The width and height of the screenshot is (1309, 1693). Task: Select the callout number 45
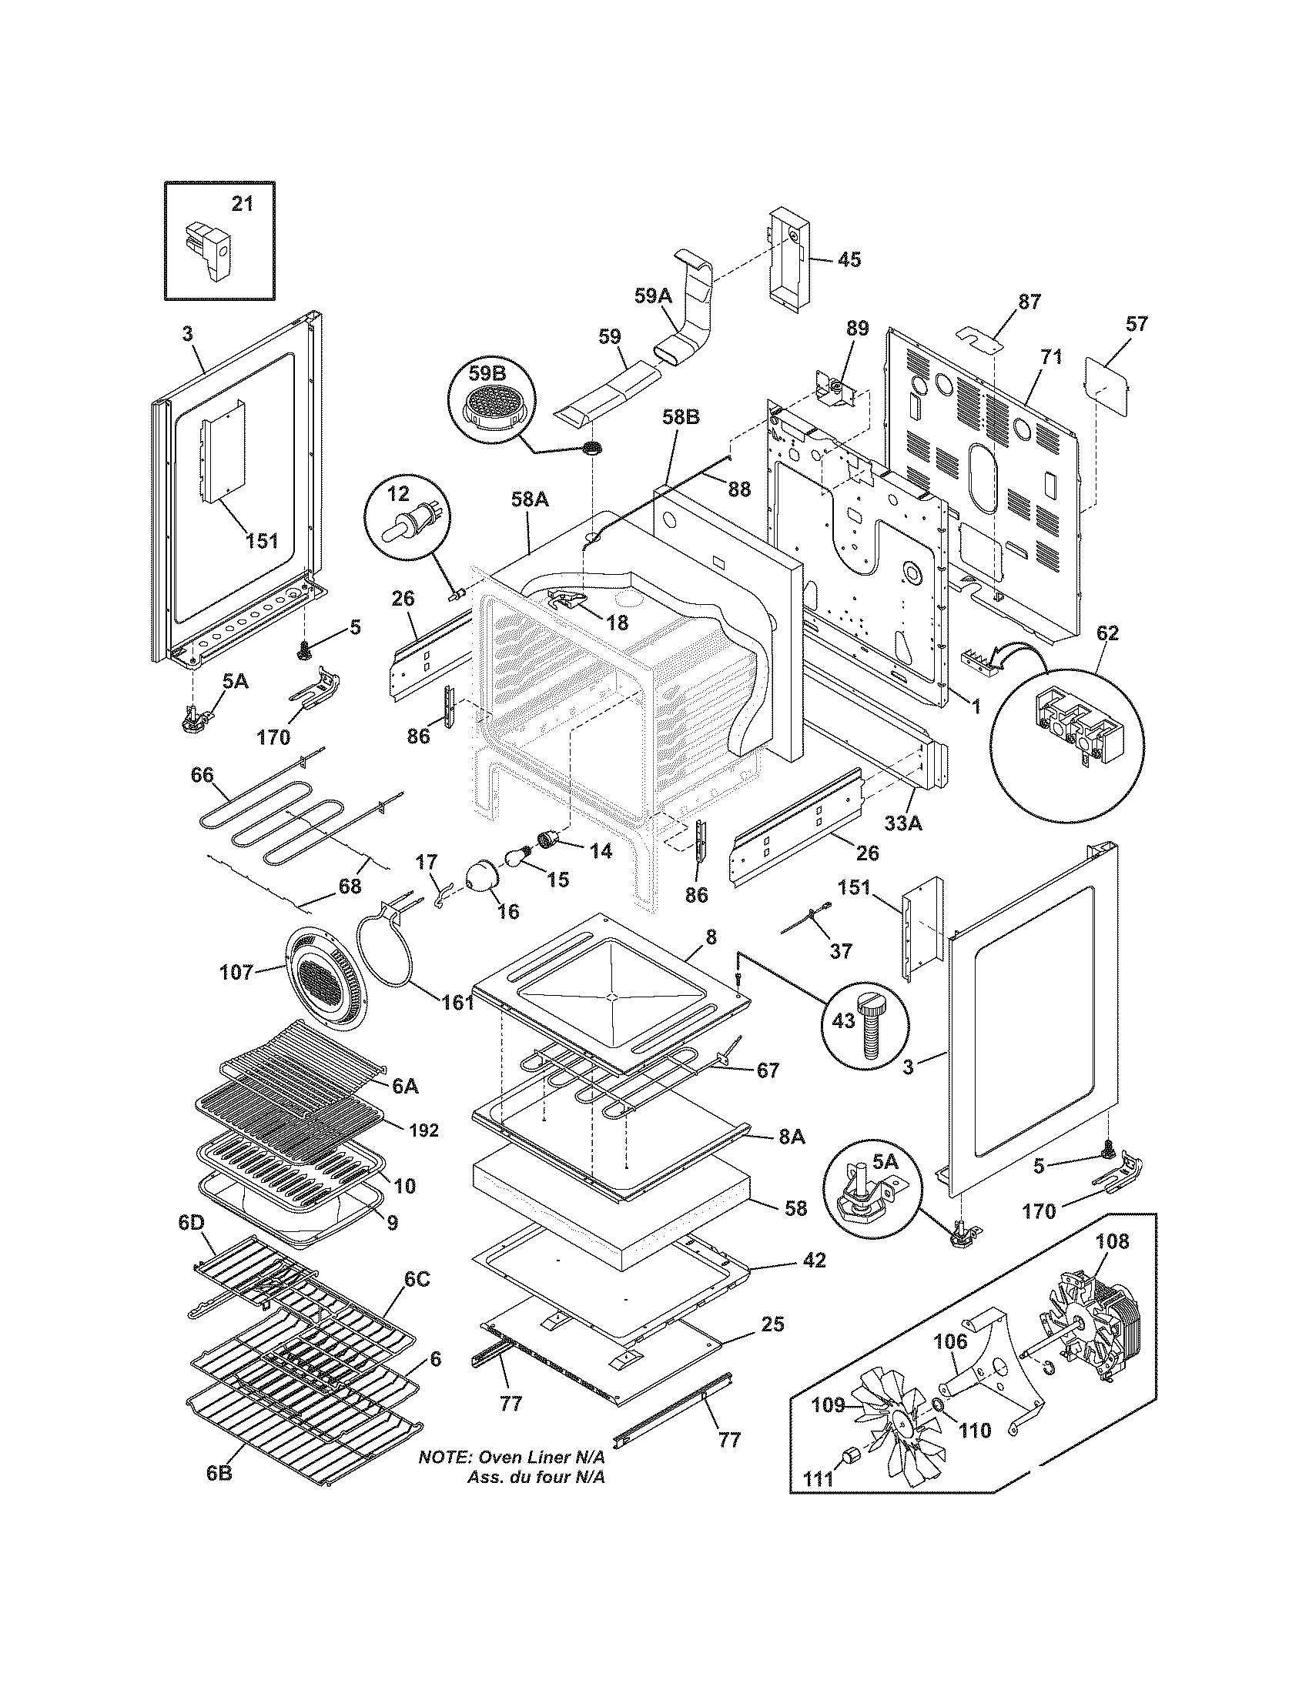point(849,259)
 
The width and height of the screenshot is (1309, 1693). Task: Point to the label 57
point(1136,324)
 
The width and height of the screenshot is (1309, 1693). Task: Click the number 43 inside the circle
point(844,1020)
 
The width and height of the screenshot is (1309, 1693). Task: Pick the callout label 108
point(1113,1241)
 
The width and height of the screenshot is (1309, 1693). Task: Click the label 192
point(423,1131)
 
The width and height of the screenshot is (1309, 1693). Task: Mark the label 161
point(457,1002)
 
